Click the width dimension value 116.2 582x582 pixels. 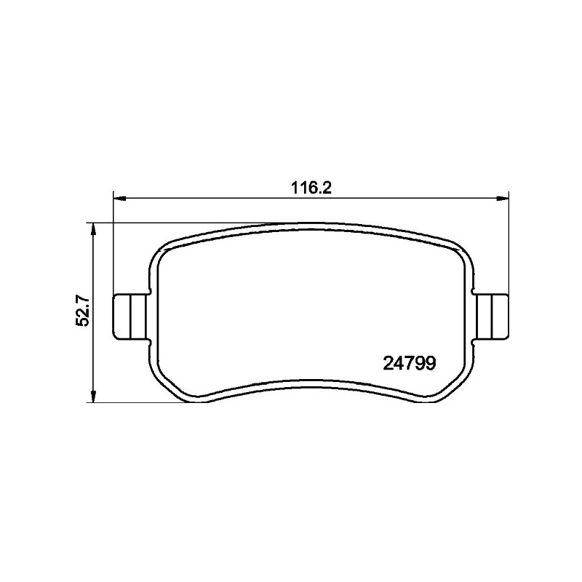click(311, 188)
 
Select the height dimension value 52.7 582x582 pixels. click(82, 311)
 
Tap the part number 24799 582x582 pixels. click(409, 364)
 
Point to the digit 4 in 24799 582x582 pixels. click(398, 364)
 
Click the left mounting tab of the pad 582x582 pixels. click(131, 316)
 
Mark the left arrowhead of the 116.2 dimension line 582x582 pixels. click(119, 199)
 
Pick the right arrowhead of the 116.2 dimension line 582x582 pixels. click(502, 199)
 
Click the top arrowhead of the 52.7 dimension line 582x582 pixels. click(94, 230)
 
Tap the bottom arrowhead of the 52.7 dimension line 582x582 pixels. click(94, 396)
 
